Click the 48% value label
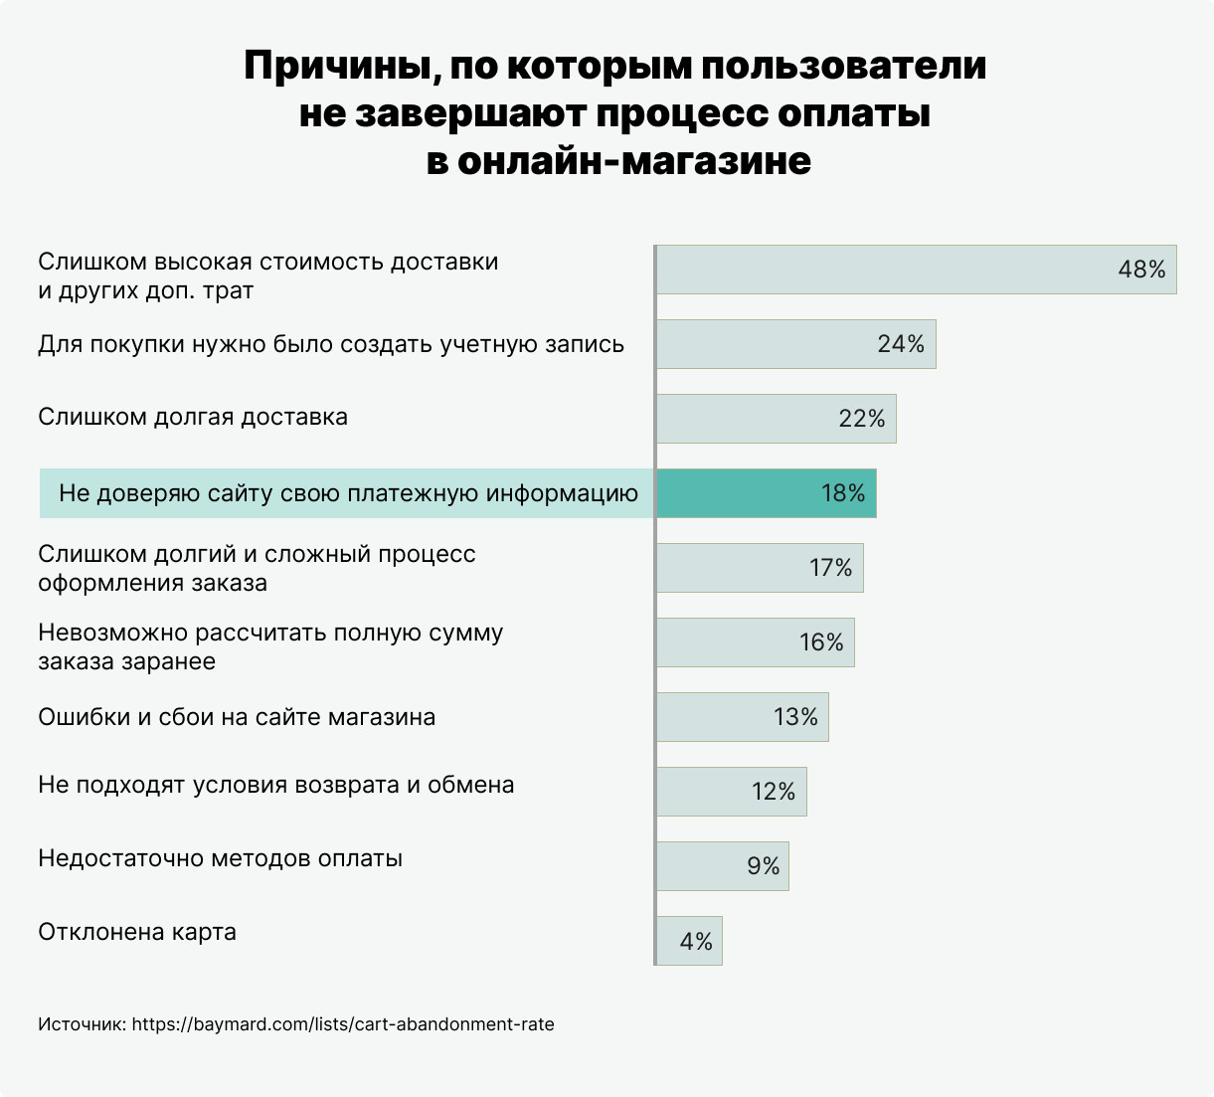point(1141,270)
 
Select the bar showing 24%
point(795,344)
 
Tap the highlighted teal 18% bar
point(766,493)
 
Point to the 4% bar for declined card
point(689,941)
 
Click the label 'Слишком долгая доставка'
point(193,417)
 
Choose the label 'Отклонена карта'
point(137,933)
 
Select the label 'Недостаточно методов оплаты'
point(220,858)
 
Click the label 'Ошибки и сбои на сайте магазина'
point(237,717)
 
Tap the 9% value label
point(764,866)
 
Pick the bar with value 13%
point(742,717)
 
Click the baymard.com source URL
point(343,1024)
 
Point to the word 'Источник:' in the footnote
point(82,1024)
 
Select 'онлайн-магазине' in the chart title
point(633,160)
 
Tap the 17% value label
point(830,568)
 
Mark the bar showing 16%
point(755,642)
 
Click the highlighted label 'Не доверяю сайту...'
point(348,493)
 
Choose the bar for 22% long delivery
point(776,419)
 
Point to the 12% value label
point(773,792)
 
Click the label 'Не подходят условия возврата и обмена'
point(276,785)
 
